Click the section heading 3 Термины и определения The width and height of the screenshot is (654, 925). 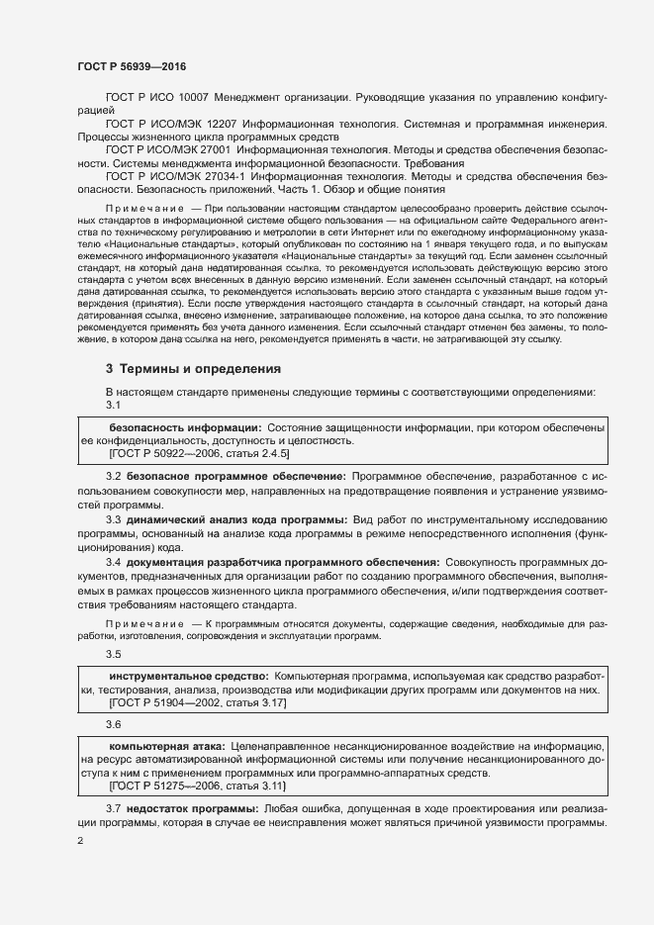click(194, 369)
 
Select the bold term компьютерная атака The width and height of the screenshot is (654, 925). click(167, 744)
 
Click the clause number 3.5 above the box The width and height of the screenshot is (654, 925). click(114, 654)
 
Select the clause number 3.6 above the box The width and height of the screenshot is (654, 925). click(114, 724)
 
